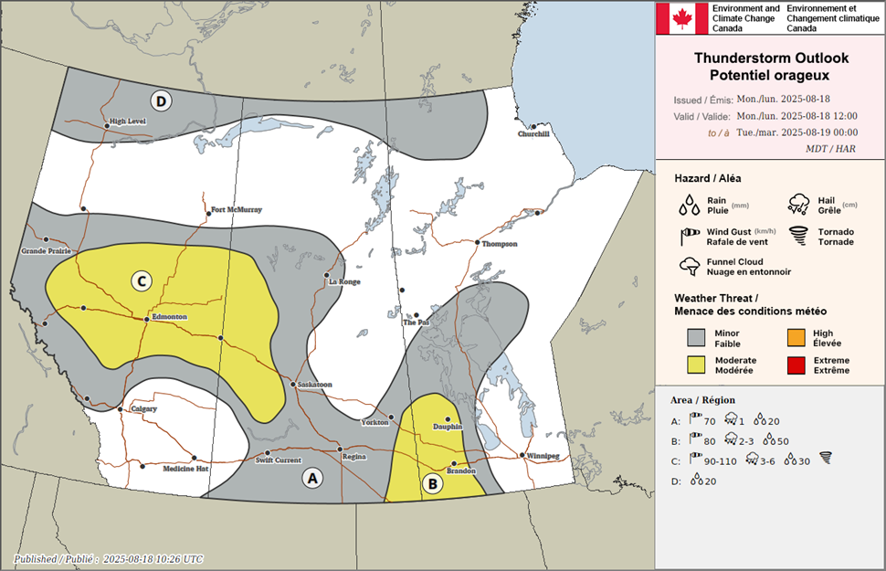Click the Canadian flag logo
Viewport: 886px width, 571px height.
[x=681, y=18]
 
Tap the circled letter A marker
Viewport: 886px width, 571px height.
[x=312, y=477]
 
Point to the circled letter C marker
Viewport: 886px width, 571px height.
[x=141, y=280]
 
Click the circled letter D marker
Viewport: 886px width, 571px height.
[x=161, y=101]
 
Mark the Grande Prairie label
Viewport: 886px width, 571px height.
[x=46, y=250]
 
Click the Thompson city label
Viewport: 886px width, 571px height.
[x=499, y=244]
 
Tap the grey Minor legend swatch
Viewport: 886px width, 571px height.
[x=699, y=339]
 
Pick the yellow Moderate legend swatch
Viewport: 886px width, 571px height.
[x=699, y=365]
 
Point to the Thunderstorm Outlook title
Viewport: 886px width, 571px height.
[x=771, y=64]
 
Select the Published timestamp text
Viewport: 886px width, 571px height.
[x=109, y=558]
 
